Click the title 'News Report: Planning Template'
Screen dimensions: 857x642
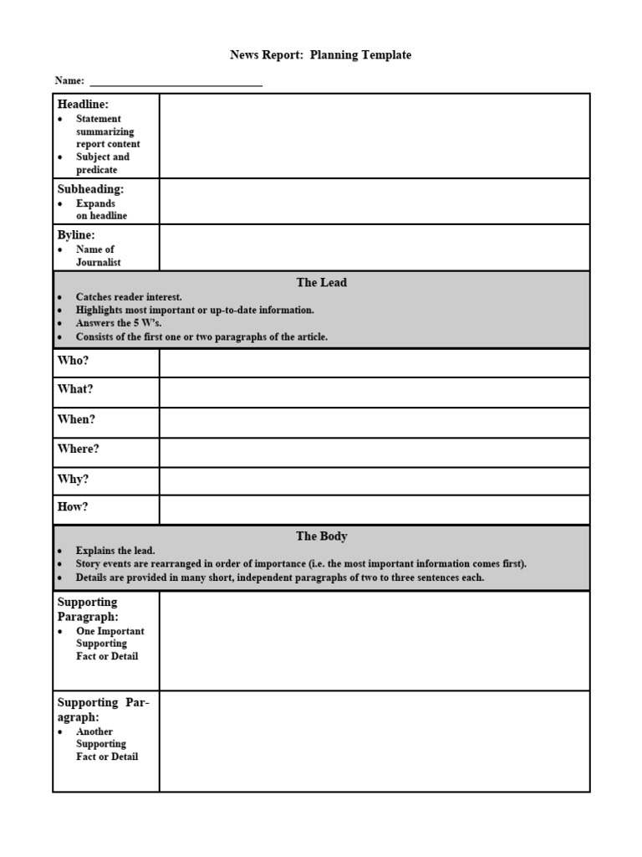point(320,55)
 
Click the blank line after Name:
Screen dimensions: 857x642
point(176,82)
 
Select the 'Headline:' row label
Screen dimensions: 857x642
point(83,105)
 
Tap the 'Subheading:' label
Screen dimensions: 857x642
point(90,189)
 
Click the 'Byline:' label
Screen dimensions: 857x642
point(76,235)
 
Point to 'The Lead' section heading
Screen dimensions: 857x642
point(321,283)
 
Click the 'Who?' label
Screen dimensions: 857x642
point(73,360)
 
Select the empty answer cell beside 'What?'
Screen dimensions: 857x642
point(374,392)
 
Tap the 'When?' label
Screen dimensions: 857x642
point(76,419)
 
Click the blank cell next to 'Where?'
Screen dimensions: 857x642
point(374,452)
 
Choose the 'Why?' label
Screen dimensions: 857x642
point(73,480)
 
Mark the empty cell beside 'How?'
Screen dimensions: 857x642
point(374,509)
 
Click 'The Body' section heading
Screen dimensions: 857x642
point(321,536)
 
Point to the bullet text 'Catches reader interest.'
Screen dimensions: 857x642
point(129,297)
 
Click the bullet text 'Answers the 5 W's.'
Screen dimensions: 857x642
point(118,323)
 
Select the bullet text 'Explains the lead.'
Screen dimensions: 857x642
point(115,551)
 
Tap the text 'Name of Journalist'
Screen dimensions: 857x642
point(98,256)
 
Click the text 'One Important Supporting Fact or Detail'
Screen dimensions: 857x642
point(109,644)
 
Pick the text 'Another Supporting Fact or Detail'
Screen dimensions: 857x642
point(106,744)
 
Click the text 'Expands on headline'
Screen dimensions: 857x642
point(101,209)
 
